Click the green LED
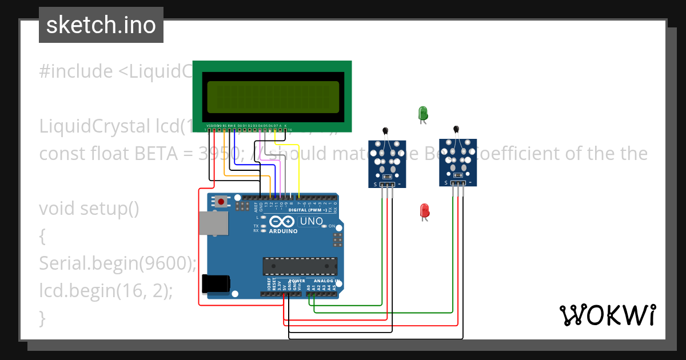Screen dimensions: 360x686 click(423, 113)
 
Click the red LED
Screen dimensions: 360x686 click(424, 210)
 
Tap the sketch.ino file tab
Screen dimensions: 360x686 click(101, 25)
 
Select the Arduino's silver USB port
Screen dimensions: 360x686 click(212, 223)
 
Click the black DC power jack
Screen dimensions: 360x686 click(216, 284)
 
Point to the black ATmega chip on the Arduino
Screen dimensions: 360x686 click(299, 266)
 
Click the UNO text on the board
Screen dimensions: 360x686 click(312, 221)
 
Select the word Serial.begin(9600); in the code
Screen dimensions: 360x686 click(118, 263)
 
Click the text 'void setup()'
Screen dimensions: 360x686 click(89, 209)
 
